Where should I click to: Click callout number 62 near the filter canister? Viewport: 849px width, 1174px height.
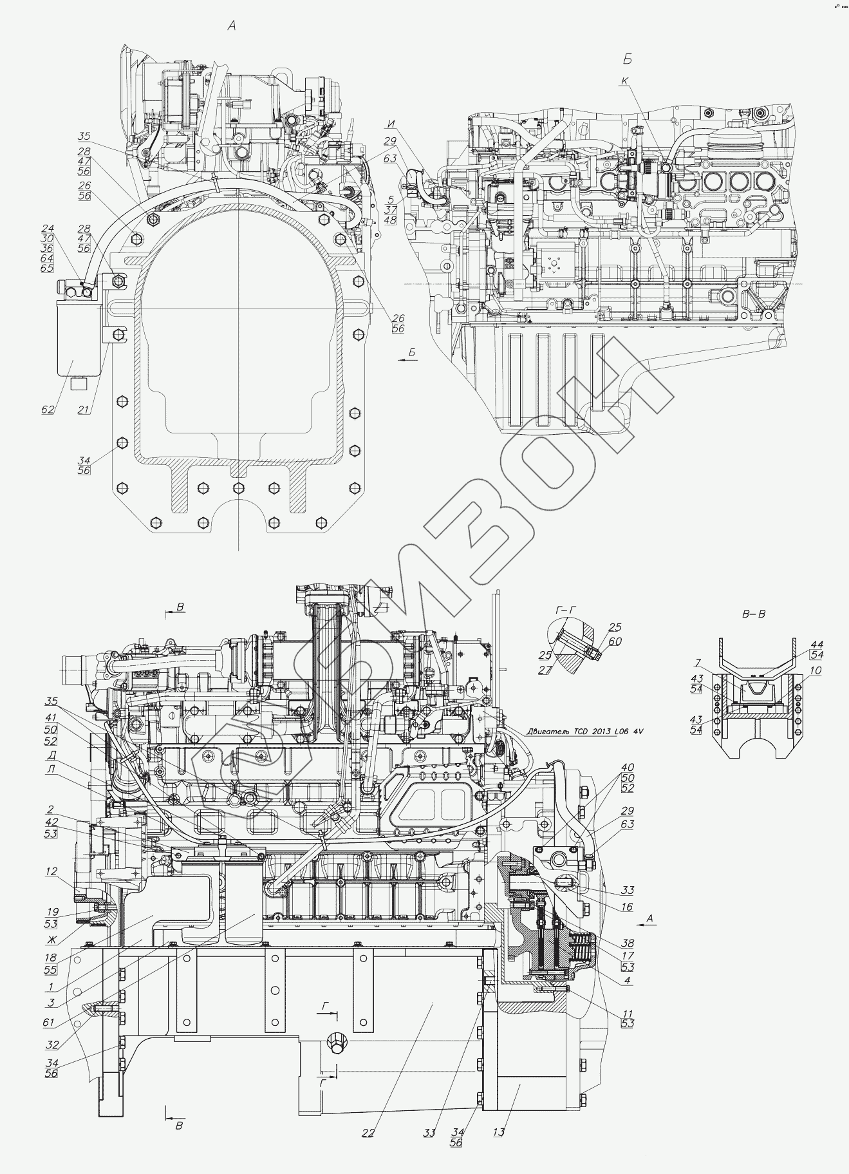[48, 409]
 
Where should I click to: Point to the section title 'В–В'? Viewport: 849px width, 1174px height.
[754, 614]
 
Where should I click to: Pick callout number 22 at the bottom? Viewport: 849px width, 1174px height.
[370, 1131]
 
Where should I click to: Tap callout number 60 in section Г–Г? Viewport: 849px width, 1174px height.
[615, 642]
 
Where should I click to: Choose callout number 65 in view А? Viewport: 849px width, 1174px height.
[47, 267]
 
